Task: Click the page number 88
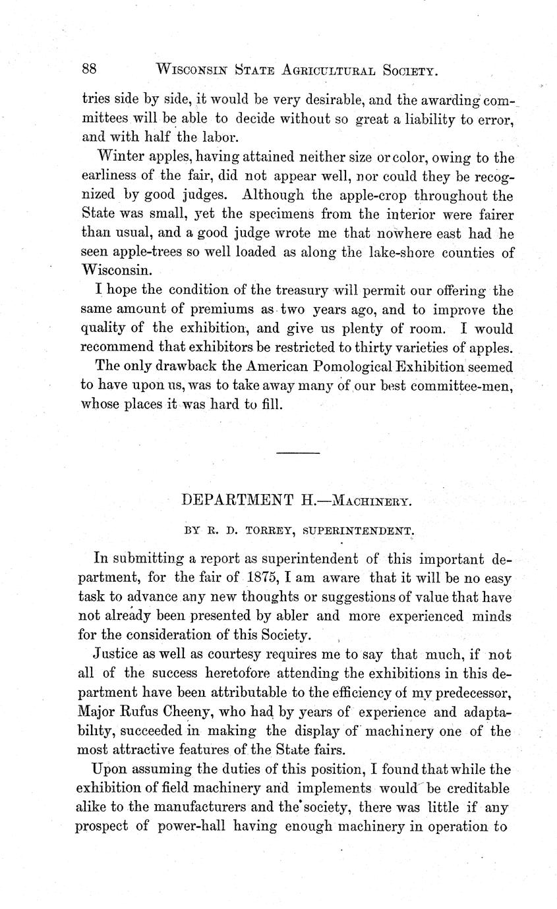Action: coord(90,69)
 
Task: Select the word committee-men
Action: coord(461,385)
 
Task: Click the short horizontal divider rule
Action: coord(298,453)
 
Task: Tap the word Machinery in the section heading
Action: coord(372,501)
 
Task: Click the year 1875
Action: coord(261,579)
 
